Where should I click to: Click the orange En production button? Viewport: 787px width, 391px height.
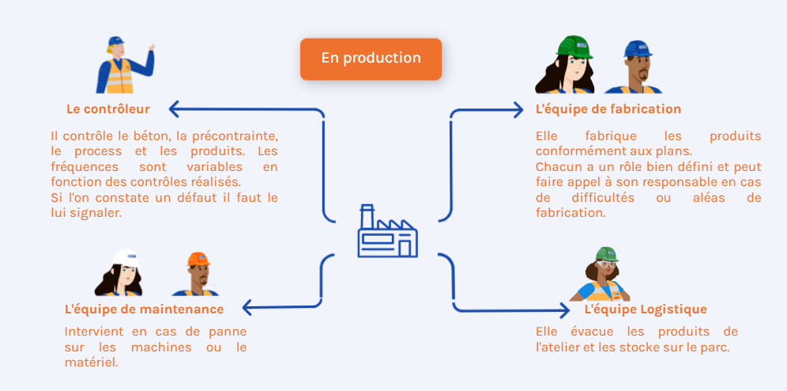pos(371,59)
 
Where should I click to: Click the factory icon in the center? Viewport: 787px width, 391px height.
pos(387,231)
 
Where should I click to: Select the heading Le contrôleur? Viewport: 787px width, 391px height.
pos(108,109)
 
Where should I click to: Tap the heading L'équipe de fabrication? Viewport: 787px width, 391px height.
pos(608,109)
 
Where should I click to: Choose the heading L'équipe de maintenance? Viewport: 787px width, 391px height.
pos(145,309)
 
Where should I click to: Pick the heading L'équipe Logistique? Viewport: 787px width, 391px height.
pos(646,309)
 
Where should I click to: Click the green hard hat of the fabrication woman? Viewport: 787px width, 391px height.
pos(574,46)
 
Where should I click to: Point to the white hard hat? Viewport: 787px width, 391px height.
pos(126,258)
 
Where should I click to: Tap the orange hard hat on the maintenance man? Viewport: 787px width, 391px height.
pos(199,259)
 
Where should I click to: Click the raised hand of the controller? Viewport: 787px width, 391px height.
pos(151,47)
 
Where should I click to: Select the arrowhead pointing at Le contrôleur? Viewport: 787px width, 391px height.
pos(174,109)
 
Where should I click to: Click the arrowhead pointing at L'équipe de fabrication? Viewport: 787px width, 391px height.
pos(518,109)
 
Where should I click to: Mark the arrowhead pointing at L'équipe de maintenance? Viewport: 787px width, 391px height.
pos(247,307)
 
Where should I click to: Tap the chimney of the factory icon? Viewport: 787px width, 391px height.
pos(367,215)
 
